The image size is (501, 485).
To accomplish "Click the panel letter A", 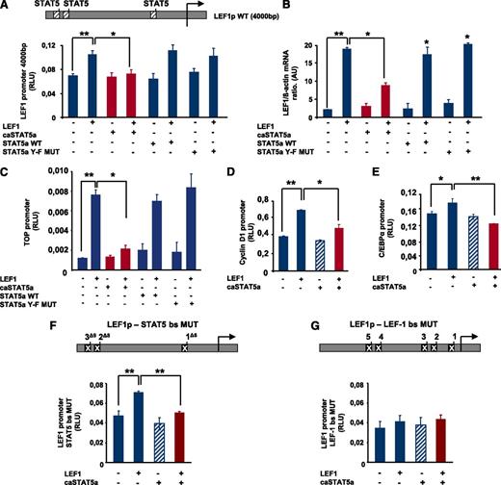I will click(x=7, y=7).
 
